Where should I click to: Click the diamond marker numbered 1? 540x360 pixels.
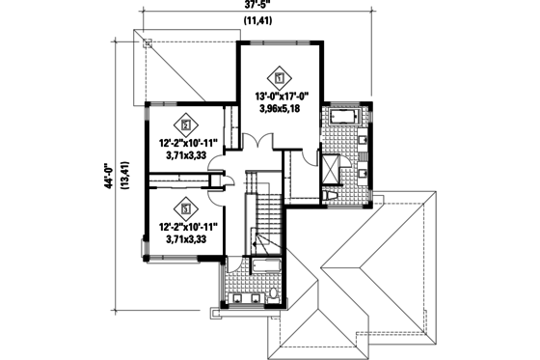click(x=280, y=76)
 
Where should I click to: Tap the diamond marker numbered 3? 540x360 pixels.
click(x=183, y=207)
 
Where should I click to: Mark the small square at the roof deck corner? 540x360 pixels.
click(x=148, y=42)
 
